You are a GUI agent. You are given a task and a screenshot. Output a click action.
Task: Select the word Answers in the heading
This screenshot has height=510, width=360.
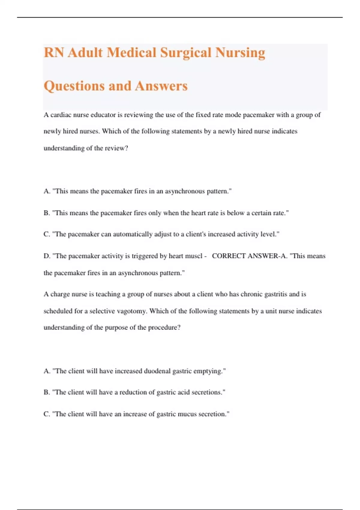(x=161, y=86)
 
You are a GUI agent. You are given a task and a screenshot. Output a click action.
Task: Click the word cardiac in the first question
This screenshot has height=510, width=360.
(x=61, y=115)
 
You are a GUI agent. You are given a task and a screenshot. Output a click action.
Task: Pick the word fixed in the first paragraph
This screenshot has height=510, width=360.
(x=203, y=115)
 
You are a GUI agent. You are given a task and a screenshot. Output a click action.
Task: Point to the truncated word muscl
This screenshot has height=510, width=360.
(x=194, y=256)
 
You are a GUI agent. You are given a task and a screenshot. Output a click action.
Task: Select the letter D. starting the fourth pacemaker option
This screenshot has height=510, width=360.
(x=47, y=256)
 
